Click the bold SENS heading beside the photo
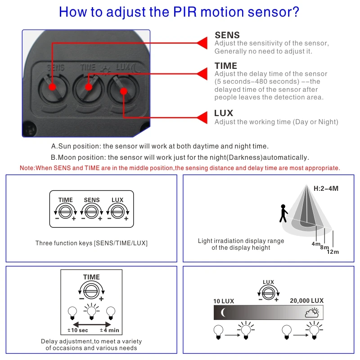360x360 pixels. tap(227, 35)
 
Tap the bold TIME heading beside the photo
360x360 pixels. tap(226, 66)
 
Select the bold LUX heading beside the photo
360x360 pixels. tap(224, 113)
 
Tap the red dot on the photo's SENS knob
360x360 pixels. tap(52, 86)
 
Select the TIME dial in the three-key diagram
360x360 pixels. tap(66, 211)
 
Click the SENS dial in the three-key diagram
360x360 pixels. tap(92, 211)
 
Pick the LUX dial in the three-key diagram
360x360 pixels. tap(117, 211)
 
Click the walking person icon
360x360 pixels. tap(283, 213)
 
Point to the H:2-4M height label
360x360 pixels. tap(326, 189)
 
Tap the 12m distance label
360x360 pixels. tap(333, 252)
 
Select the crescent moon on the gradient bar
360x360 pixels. tap(224, 312)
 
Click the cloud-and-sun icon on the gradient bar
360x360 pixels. tap(312, 312)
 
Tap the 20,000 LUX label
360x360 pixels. tap(306, 301)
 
